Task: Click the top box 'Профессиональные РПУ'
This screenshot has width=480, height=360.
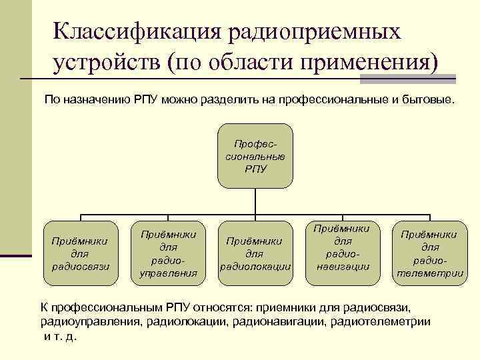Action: [x=255, y=156]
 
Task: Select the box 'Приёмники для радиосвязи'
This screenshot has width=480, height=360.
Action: [x=81, y=253]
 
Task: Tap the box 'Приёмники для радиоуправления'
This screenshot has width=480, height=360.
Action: [x=168, y=253]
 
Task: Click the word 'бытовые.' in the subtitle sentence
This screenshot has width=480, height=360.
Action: [x=428, y=100]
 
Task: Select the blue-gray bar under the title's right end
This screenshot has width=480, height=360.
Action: [x=408, y=79]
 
